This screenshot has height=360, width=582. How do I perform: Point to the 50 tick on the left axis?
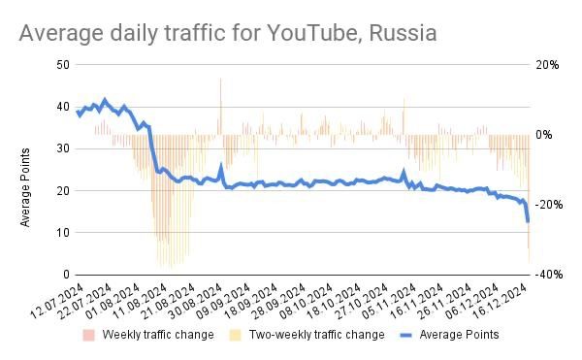pos(63,65)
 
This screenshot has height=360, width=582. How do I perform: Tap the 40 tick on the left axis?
pos(63,107)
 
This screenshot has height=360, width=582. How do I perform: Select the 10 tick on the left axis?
pos(63,233)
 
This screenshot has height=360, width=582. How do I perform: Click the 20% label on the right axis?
pos(547,65)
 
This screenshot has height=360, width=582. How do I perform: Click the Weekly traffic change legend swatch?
pos(88,335)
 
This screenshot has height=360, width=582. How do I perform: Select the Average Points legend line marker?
pos(393,335)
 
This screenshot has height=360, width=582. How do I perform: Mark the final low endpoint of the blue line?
pos(528,222)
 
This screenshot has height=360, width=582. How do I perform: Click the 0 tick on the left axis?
pos(66,275)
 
